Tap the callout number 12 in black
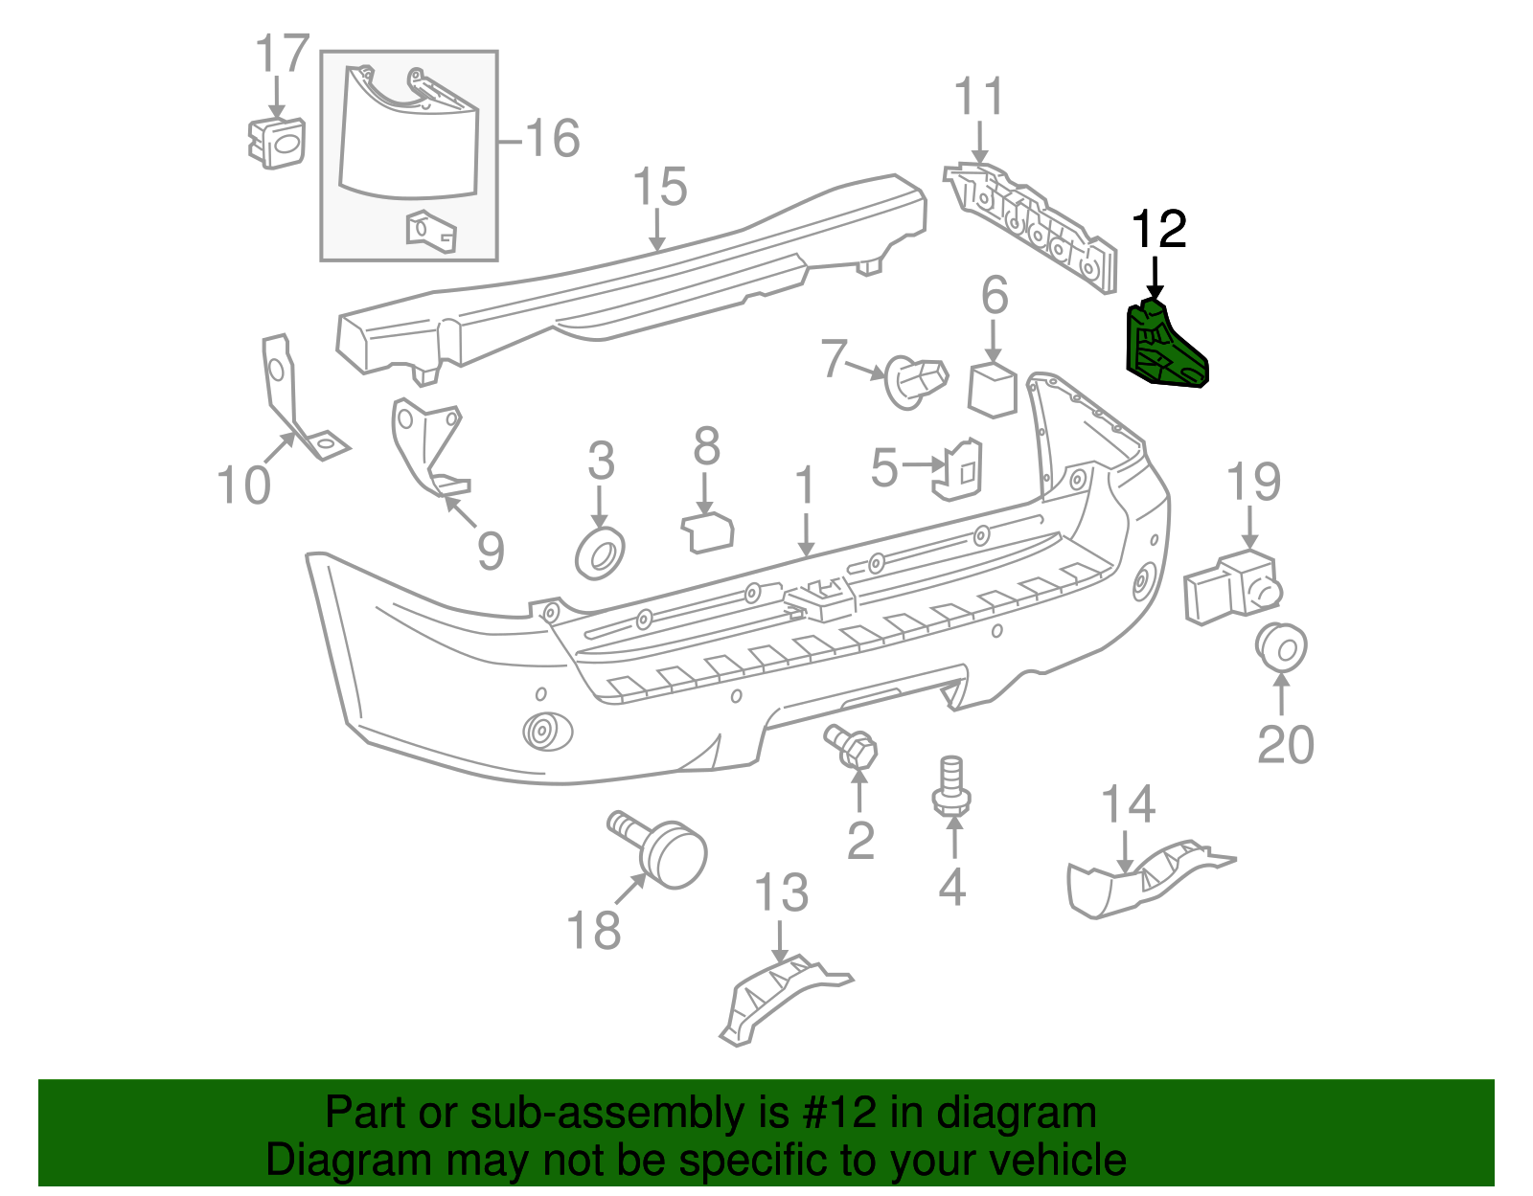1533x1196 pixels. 1158,230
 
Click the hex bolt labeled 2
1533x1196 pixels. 853,746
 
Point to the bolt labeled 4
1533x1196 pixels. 950,788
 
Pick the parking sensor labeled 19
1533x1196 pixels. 1231,585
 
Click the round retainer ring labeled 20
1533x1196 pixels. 1281,647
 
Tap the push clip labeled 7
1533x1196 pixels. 915,379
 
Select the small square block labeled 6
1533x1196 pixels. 993,389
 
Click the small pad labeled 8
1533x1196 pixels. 707,532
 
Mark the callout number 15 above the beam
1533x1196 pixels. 660,187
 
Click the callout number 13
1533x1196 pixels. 782,893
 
